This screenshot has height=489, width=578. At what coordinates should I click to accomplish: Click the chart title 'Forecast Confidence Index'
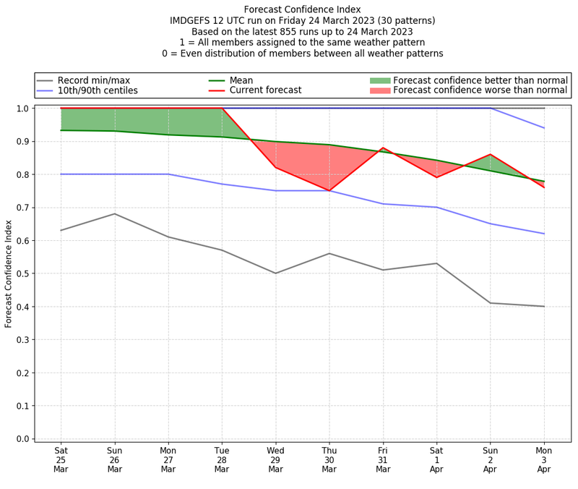click(302, 9)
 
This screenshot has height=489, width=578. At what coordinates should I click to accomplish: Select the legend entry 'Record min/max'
click(94, 80)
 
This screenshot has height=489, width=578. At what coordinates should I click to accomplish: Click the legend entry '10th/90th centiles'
click(98, 91)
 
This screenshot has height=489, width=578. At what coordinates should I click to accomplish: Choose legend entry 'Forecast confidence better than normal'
click(480, 80)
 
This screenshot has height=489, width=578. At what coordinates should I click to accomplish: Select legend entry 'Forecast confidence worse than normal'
click(480, 91)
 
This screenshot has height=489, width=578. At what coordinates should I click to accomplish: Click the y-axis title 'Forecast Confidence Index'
click(9, 273)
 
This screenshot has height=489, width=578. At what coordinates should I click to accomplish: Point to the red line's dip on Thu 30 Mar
click(329, 190)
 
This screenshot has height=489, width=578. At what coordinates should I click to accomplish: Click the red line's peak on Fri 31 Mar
click(383, 148)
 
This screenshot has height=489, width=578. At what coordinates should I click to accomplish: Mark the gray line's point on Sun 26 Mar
click(115, 213)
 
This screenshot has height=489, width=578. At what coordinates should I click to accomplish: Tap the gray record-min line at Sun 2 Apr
click(491, 303)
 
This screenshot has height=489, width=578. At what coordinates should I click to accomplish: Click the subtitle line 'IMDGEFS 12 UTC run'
click(302, 21)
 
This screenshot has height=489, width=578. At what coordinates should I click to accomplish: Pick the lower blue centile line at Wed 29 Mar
click(276, 190)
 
